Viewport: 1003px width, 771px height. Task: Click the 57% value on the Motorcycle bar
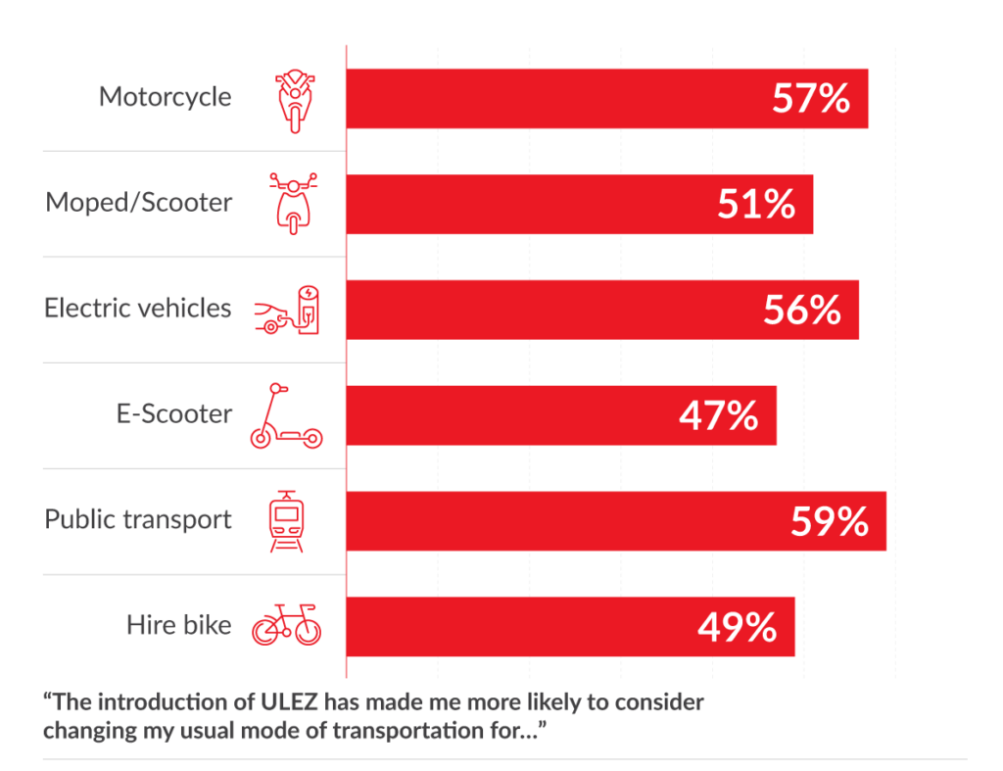coord(811,98)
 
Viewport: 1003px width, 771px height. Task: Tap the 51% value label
coord(755,204)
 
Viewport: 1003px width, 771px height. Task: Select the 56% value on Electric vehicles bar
coord(801,310)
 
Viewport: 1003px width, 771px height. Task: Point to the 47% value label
coord(718,415)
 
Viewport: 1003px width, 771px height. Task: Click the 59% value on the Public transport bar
coord(829,521)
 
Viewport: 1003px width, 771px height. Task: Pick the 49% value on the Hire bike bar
coord(737,627)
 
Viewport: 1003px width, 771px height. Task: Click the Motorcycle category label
coord(166,97)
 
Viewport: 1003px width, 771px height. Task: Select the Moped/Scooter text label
coord(139,203)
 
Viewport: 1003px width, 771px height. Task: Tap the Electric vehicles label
coord(138,309)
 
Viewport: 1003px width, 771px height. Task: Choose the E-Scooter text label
coord(173,414)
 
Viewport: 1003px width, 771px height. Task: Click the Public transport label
coord(138,519)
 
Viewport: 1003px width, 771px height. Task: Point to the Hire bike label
coord(179,625)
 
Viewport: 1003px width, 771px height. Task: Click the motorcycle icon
coord(293,99)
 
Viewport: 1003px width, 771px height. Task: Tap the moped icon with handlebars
coord(293,204)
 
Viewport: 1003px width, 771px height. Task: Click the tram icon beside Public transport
coord(286,521)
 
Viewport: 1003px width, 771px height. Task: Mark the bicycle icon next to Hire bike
coord(286,625)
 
